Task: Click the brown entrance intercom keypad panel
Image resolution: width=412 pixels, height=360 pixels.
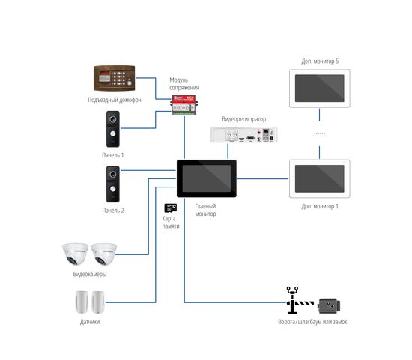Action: [115, 78]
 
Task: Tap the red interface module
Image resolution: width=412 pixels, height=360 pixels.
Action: [184, 105]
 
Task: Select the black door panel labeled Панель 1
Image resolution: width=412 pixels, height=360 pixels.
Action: [113, 129]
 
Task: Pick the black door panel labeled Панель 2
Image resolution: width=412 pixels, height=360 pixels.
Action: [113, 184]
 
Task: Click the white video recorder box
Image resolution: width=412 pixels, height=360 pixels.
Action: [244, 134]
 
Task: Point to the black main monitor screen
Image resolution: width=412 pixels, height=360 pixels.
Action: [207, 178]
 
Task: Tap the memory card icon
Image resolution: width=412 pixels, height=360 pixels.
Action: [171, 208]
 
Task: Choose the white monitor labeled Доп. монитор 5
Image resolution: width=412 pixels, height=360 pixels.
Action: [320, 88]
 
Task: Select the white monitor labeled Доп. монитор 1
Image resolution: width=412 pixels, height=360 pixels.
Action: [320, 178]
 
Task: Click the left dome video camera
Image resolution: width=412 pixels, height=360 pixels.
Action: [75, 253]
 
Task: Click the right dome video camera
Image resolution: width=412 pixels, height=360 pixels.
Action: [104, 253]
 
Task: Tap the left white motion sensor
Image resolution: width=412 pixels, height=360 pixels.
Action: [82, 302]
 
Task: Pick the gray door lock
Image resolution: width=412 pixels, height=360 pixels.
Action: [329, 305]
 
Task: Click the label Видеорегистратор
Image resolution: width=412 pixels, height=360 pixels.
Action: [244, 119]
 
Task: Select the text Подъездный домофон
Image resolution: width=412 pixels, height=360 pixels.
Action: [115, 100]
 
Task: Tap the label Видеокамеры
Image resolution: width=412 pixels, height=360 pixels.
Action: [90, 274]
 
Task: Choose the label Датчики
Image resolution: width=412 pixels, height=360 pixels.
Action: [90, 322]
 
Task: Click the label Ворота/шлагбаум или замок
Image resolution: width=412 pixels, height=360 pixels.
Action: [312, 322]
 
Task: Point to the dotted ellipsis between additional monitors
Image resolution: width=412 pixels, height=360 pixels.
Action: [320, 133]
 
